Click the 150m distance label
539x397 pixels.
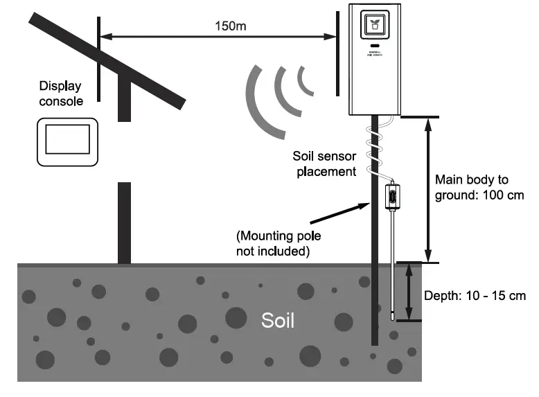click(x=229, y=26)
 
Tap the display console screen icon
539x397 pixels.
click(x=67, y=139)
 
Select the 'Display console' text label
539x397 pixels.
click(x=61, y=94)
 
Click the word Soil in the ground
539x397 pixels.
click(x=277, y=321)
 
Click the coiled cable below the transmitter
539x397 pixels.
click(x=375, y=149)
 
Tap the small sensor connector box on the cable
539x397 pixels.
click(x=391, y=197)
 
